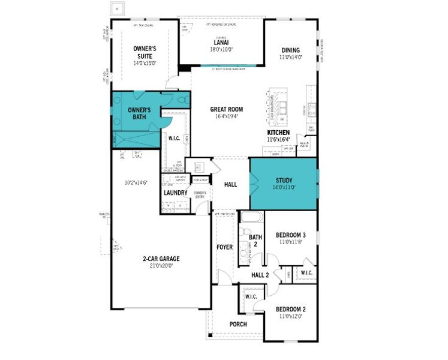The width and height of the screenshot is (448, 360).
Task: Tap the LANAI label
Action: (x=220, y=42)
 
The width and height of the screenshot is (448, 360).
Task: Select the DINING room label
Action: (x=290, y=50)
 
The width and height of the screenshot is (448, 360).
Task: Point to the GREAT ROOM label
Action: (x=226, y=109)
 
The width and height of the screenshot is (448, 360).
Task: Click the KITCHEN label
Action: (x=278, y=132)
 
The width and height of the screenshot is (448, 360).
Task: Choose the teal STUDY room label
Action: (x=284, y=180)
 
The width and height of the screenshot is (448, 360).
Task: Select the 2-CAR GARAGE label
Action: (x=161, y=259)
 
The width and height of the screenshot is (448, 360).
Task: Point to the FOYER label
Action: (x=224, y=247)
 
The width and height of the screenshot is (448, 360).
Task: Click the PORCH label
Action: (x=238, y=324)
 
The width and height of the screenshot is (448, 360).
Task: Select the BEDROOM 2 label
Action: (x=290, y=310)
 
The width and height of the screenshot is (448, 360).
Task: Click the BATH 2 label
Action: (x=255, y=241)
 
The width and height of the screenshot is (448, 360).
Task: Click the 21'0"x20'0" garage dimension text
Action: (x=161, y=266)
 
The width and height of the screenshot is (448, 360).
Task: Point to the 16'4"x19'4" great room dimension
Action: (x=226, y=116)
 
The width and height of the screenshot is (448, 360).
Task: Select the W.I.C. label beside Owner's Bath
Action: (x=175, y=138)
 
